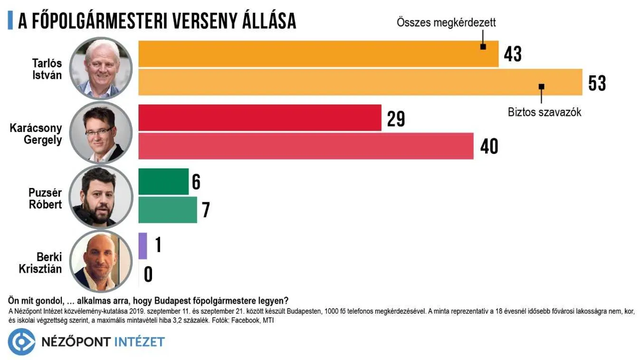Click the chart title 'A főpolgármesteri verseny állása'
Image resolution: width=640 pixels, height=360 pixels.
(157, 20)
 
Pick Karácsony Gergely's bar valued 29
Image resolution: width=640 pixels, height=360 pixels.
(259, 118)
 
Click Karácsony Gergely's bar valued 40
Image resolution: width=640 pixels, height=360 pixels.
(306, 146)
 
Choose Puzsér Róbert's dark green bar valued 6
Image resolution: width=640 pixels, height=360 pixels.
(163, 181)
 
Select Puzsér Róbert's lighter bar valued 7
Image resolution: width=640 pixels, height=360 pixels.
(167, 210)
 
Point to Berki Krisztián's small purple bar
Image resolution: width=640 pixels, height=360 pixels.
(143, 246)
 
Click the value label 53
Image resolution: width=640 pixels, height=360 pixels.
(597, 83)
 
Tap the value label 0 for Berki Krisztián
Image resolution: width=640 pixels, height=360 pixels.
(148, 275)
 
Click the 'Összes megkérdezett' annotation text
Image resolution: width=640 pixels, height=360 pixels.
(446, 22)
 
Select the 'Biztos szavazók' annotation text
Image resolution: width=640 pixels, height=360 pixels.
(544, 112)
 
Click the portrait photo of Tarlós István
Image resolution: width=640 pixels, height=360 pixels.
(101, 68)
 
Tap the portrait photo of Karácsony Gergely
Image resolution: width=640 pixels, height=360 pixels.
(101, 133)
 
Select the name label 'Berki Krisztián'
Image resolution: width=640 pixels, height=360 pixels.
(41, 263)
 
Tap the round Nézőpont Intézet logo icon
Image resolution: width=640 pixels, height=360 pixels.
(21, 341)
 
